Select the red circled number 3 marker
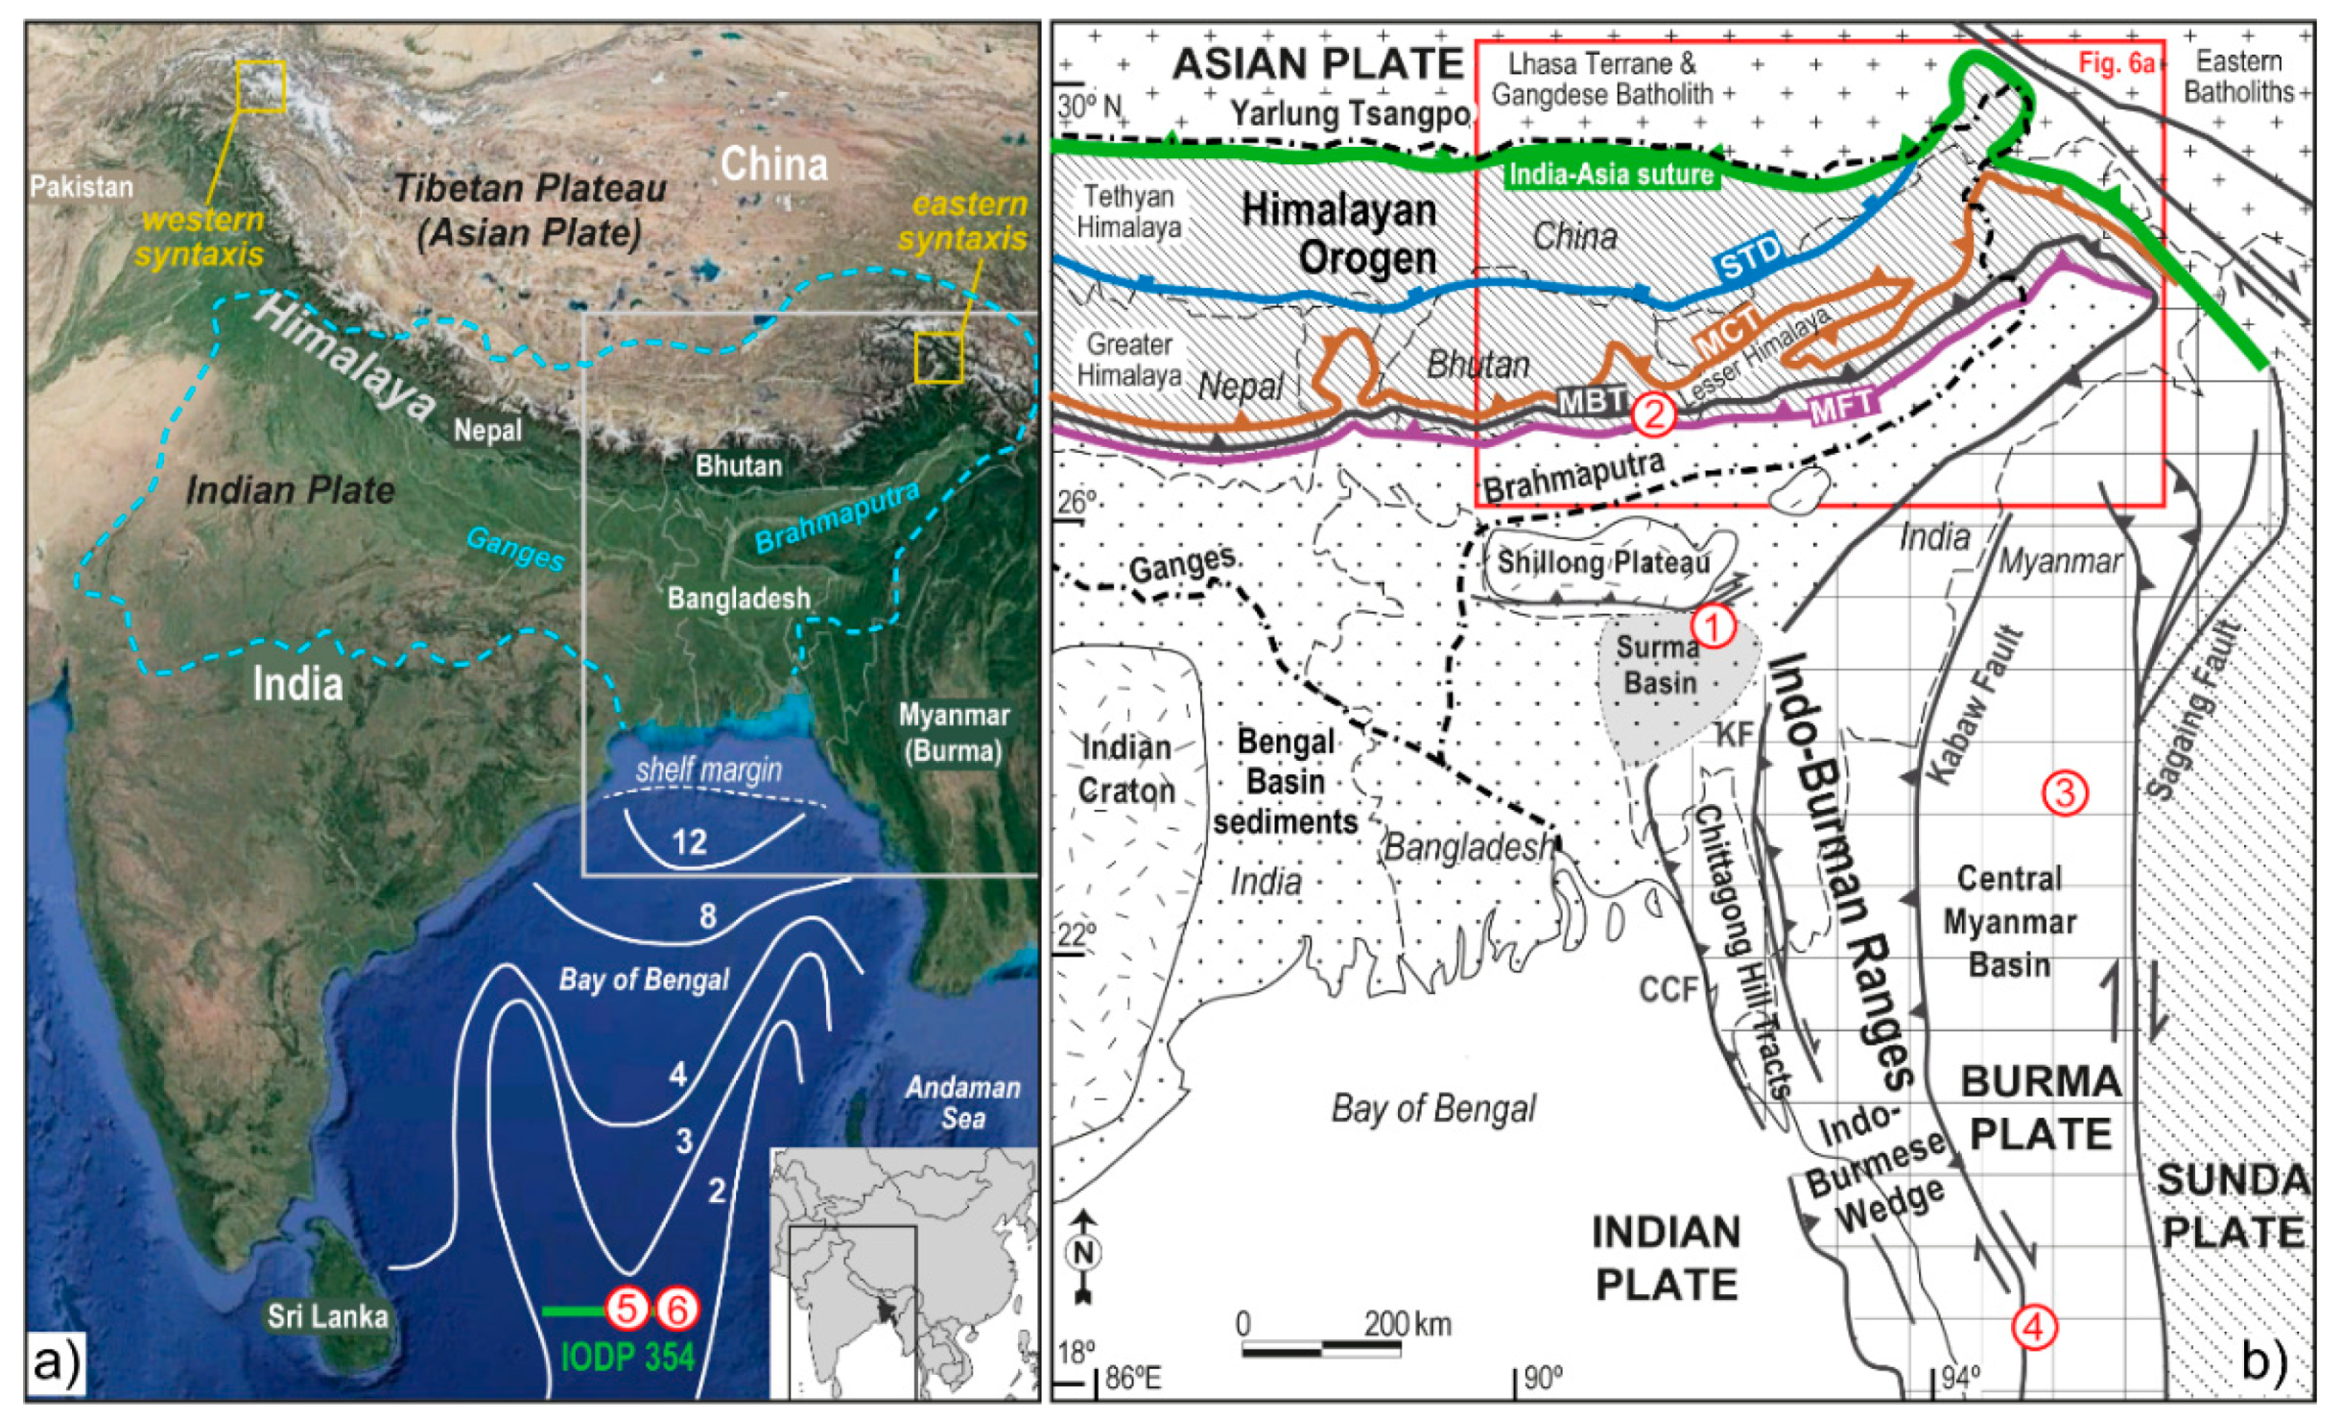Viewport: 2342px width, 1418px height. (x=2064, y=792)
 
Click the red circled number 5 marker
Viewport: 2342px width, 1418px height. (x=627, y=1309)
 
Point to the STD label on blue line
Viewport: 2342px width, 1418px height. (x=1750, y=257)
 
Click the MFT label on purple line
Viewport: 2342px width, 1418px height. (x=1842, y=407)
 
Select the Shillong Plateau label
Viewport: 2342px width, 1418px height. (x=1603, y=562)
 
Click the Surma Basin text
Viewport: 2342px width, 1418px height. (x=1659, y=665)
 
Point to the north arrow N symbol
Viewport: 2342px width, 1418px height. (x=1085, y=1253)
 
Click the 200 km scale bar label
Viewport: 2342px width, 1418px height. (x=1408, y=1324)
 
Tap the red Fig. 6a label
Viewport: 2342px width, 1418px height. (x=2117, y=63)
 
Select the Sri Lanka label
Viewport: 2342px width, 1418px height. (x=327, y=1316)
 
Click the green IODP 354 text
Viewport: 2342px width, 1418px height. (x=627, y=1358)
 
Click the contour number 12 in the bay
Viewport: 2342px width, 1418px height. (x=689, y=842)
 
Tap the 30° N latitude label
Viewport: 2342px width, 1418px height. (x=1089, y=106)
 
